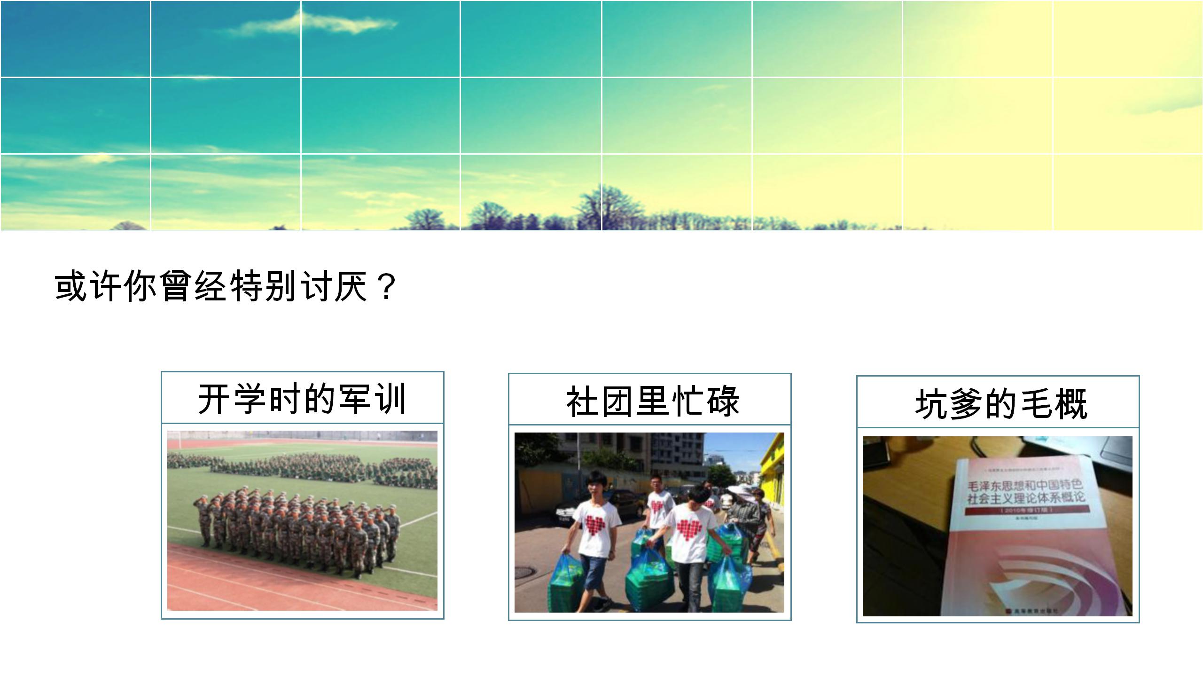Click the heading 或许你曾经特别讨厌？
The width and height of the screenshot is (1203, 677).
[226, 286]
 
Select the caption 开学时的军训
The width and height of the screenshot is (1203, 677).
[302, 399]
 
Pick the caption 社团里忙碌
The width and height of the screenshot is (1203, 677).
[653, 401]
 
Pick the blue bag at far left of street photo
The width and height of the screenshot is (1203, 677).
[567, 583]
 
